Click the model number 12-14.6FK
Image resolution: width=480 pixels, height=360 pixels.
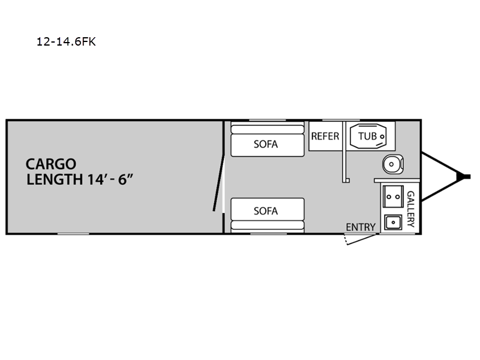(x=66, y=41)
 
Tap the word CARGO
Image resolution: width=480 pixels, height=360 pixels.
(x=51, y=164)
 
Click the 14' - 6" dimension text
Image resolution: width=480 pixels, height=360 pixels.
(x=110, y=179)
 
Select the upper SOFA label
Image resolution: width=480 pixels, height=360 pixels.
(x=266, y=144)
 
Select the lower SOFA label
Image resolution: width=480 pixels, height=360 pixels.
(x=266, y=211)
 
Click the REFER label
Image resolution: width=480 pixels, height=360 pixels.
(x=325, y=136)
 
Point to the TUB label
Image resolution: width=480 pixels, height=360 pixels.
(x=367, y=136)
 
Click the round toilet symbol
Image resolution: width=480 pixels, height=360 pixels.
(x=393, y=164)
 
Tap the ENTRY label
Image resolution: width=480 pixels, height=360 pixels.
(x=361, y=227)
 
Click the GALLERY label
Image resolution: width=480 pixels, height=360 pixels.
(x=411, y=209)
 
